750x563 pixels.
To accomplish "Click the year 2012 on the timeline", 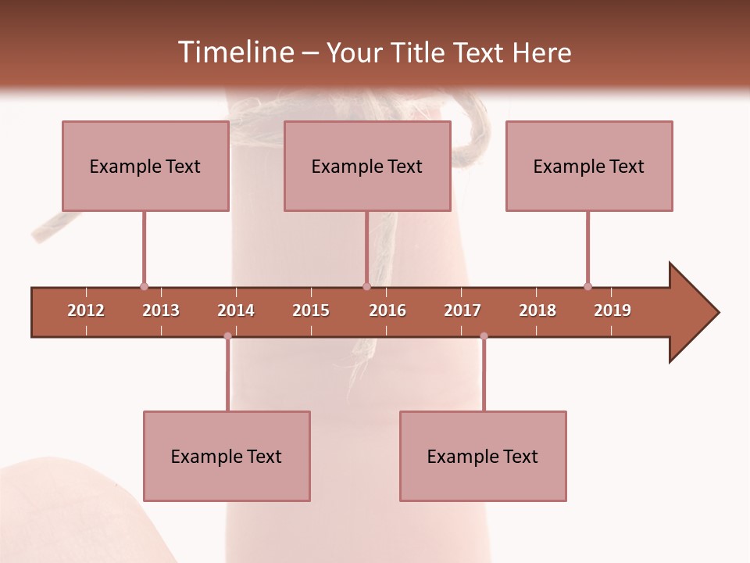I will pos(86,310).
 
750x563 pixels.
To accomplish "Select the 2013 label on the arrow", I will pos(161,310).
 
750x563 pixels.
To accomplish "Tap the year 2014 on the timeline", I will pos(236,310).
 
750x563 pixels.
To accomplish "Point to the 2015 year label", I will pos(311,310).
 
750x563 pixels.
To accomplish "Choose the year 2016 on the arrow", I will pos(387,310).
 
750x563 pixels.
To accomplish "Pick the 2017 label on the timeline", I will pos(462,310).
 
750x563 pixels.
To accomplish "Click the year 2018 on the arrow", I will pos(537,310).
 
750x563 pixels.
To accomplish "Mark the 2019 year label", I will pos(612,310).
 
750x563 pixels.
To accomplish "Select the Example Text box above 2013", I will pos(145,166).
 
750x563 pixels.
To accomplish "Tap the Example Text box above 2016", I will pos(367,166).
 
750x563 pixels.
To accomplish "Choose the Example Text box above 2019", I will pos(589,166).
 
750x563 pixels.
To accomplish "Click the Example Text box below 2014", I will pos(227,456).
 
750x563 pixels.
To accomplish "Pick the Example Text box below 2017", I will pos(483,456).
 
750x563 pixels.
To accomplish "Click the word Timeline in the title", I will pos(234,52).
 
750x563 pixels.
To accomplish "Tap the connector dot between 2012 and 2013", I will pos(144,287).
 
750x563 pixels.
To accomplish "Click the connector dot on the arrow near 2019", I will pos(587,286).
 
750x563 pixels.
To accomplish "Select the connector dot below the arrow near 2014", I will pos(227,336).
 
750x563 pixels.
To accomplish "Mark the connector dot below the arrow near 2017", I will pos(484,336).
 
